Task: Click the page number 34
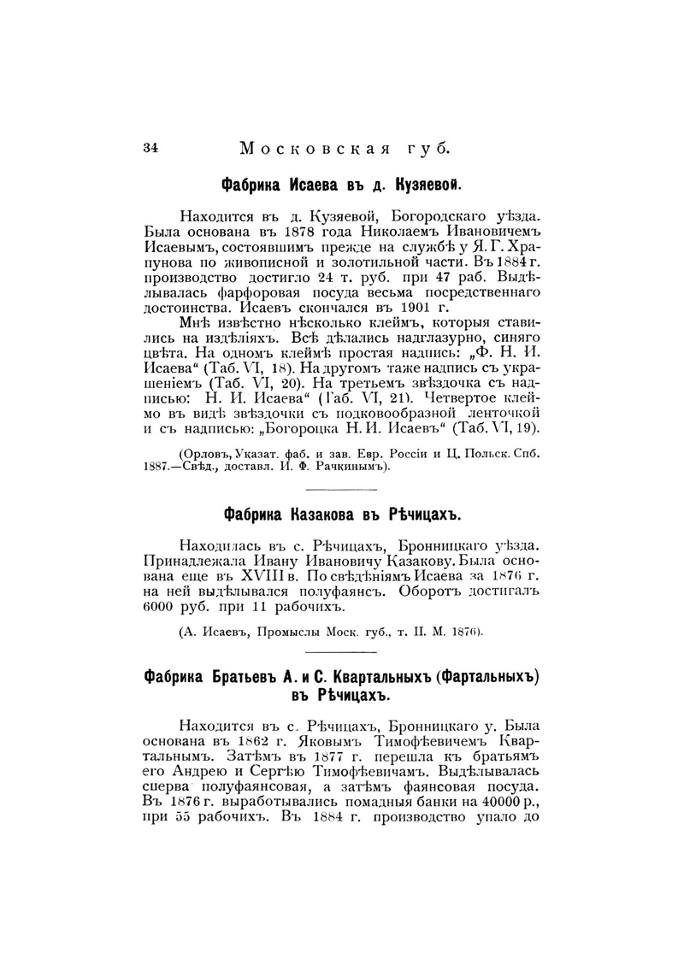click(150, 146)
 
